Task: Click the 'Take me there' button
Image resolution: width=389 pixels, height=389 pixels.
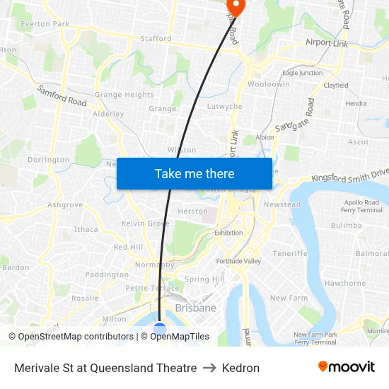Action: pos(194,173)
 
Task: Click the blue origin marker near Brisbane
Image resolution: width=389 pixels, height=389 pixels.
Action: pos(160,329)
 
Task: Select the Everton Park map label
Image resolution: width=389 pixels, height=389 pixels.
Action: pos(45,24)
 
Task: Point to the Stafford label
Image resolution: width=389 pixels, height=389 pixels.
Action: pos(156,39)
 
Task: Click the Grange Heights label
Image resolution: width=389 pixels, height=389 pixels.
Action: pos(124,95)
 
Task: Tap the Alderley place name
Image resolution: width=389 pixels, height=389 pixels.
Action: pos(108,114)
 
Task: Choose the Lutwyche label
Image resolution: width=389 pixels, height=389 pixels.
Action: pos(224,107)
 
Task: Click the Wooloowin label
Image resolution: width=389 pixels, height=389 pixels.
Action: pos(269,84)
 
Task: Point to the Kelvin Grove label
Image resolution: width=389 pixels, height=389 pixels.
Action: pos(145,223)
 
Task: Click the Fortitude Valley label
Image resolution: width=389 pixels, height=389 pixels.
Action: pos(238,261)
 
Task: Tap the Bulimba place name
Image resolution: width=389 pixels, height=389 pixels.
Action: pos(346,226)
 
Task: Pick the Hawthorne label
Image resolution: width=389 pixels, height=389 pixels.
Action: pos(345,284)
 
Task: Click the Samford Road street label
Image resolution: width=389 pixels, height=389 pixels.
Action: pos(62,96)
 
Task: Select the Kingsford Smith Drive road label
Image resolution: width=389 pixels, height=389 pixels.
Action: pos(350,174)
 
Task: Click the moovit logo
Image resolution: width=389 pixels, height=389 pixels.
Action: pos(346,367)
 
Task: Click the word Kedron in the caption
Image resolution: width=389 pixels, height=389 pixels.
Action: pos(240,368)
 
